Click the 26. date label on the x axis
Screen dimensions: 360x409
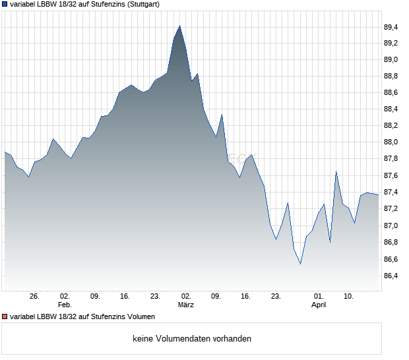(x=35, y=296)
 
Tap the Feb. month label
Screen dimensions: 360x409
(x=64, y=305)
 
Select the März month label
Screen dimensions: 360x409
(x=186, y=305)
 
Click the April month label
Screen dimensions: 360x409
(x=319, y=305)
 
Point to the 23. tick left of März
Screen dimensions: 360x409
(x=156, y=296)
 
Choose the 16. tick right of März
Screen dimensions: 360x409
(x=246, y=296)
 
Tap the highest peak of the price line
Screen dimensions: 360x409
(x=179, y=26)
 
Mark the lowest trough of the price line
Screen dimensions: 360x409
(x=300, y=264)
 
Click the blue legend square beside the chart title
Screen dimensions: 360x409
(x=5, y=4)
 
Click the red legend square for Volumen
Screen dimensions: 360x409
(x=5, y=316)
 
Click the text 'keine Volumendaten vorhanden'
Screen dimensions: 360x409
(x=192, y=339)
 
